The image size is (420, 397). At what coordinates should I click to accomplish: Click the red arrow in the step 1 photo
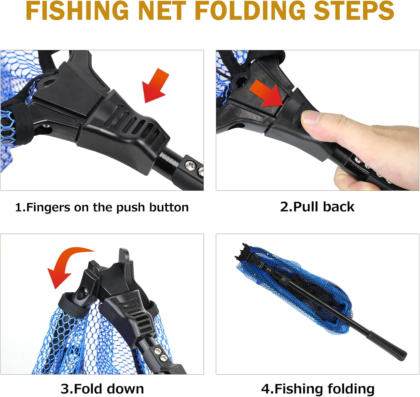(x=156, y=85)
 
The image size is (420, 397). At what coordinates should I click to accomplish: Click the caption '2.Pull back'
(x=317, y=207)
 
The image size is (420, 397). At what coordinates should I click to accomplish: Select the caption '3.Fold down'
(x=102, y=389)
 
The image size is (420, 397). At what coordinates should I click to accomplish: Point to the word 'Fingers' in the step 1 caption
(x=48, y=208)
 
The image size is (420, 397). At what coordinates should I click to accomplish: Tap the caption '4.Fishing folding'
(x=318, y=389)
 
